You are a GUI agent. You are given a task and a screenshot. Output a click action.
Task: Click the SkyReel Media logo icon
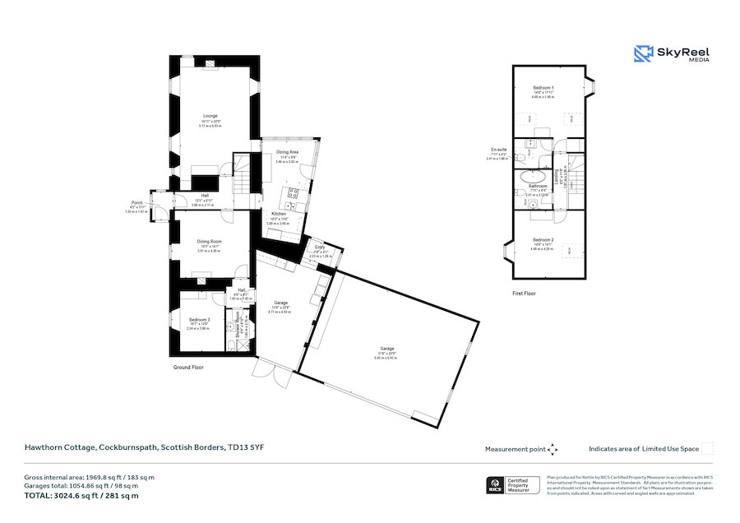[643, 54]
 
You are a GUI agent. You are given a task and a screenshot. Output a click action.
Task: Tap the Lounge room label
[210, 116]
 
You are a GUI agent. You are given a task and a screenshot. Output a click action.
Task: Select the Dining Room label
[210, 241]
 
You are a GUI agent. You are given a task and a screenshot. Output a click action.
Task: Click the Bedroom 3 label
[200, 319]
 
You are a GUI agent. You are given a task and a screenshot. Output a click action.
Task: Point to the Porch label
[136, 202]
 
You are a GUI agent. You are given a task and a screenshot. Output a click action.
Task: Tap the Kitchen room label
[279, 214]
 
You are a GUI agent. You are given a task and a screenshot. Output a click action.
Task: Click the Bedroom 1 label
[543, 88]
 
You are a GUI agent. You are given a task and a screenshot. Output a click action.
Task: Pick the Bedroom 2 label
[543, 240]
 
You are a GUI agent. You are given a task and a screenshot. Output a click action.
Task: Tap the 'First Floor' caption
[524, 293]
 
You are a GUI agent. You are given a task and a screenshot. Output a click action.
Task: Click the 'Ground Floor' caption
[188, 367]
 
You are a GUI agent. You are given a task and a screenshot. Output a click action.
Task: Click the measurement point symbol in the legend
[553, 449]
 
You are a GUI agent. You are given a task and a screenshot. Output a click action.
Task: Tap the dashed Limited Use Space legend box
[707, 449]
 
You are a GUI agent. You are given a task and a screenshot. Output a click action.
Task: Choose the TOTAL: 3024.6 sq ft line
[81, 496]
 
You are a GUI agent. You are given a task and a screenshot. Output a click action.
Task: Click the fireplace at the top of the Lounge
[211, 62]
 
